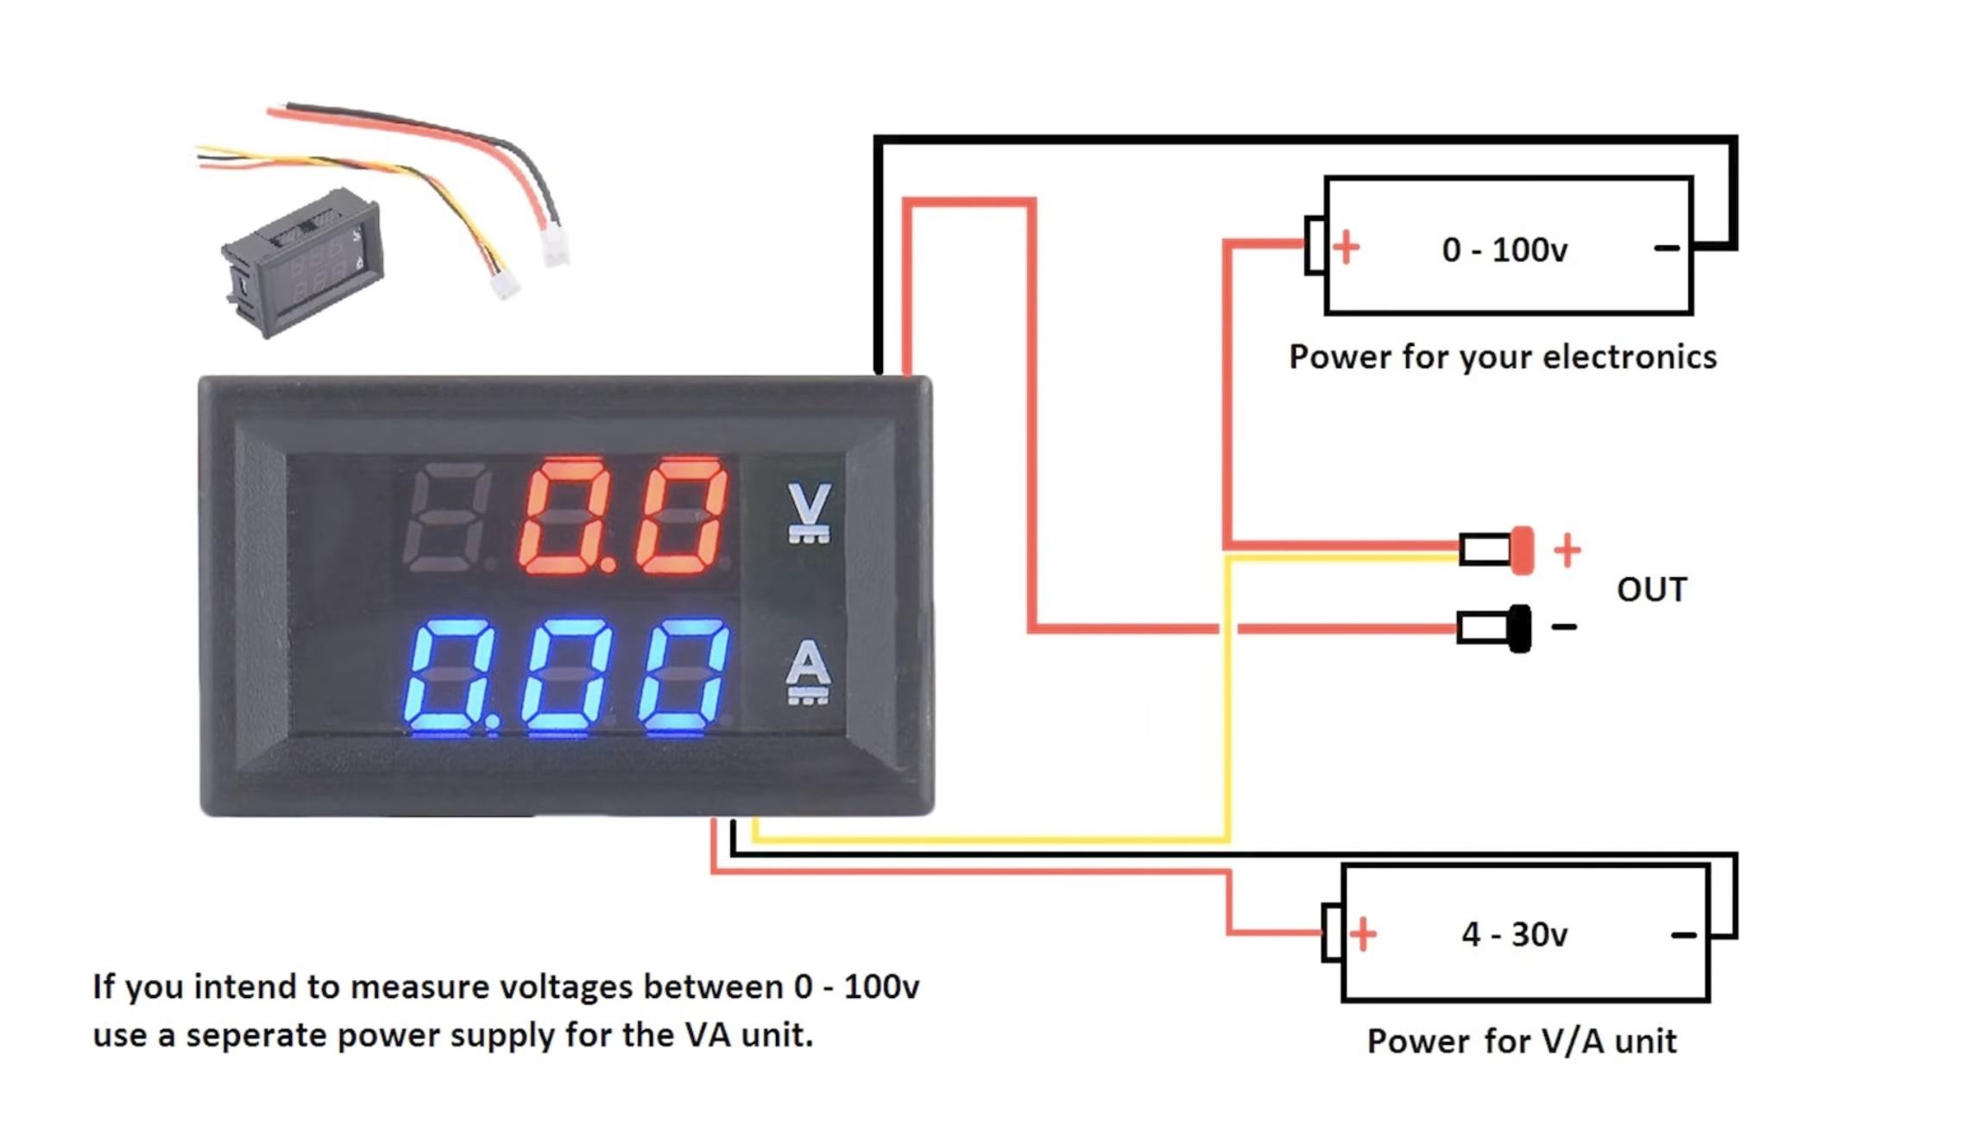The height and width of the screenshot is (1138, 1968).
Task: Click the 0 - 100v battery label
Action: [x=1504, y=250]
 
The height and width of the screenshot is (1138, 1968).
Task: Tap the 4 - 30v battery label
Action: [x=1514, y=934]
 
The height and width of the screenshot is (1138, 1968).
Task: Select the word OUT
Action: [x=1651, y=590]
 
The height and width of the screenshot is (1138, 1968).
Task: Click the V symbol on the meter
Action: [x=809, y=512]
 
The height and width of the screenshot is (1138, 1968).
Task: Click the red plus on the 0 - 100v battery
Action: [x=1346, y=248]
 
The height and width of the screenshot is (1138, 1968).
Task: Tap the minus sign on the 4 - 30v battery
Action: [x=1683, y=935]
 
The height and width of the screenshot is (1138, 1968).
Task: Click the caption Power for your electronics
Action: [x=1502, y=357]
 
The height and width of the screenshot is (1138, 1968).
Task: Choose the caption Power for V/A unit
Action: [x=1521, y=1041]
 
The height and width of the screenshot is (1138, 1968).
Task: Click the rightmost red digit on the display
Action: [x=681, y=516]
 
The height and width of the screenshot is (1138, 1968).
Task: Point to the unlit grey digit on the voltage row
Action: [x=446, y=517]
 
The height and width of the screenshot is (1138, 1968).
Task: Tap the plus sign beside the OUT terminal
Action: [x=1567, y=550]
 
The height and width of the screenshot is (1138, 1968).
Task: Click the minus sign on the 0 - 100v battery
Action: [x=1666, y=248]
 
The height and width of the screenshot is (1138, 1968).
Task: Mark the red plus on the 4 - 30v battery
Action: [x=1363, y=934]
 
